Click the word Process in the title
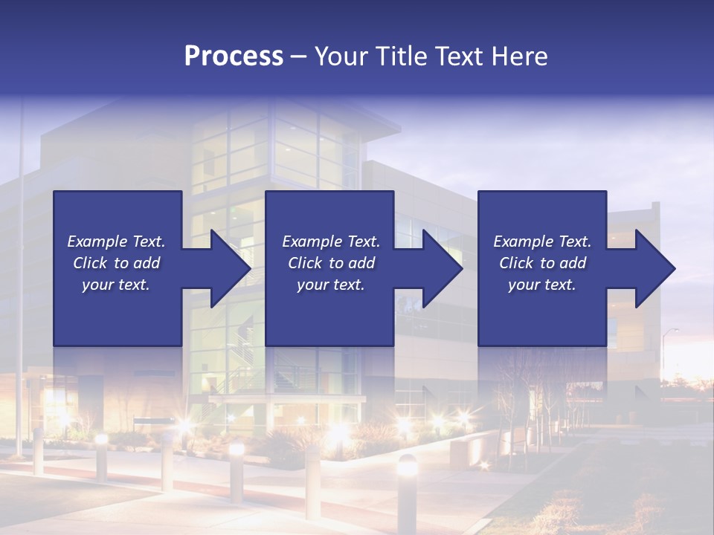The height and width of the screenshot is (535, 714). pos(234,56)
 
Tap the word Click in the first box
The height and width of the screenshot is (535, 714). pos(91,263)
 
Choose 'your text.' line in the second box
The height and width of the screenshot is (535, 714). pos(330,285)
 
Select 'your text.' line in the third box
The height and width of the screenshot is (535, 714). pos(541,285)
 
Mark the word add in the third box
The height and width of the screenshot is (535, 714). pos(573,263)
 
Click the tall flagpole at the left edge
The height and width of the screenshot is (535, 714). pos(21,282)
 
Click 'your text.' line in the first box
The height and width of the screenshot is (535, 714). pos(115,285)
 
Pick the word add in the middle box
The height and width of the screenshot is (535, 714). pos(362,263)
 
